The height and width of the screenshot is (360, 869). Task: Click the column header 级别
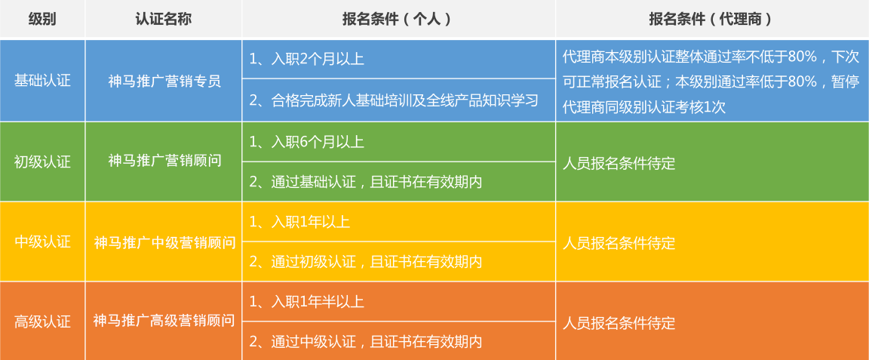pyautogui.click(x=43, y=19)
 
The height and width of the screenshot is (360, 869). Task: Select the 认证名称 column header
pyautogui.click(x=164, y=19)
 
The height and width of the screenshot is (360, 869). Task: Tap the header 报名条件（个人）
pyautogui.click(x=398, y=19)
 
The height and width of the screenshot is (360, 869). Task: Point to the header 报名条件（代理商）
pyautogui.click(x=712, y=19)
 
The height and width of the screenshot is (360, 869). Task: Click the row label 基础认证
pyautogui.click(x=43, y=81)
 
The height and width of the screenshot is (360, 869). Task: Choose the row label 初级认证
pyautogui.click(x=43, y=162)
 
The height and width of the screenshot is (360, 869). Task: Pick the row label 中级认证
pyautogui.click(x=43, y=242)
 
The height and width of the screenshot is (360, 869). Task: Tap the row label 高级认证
pyautogui.click(x=43, y=322)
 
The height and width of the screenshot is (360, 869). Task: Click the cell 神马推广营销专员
pyautogui.click(x=164, y=81)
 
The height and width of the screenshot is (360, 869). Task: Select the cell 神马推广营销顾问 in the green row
pyautogui.click(x=164, y=161)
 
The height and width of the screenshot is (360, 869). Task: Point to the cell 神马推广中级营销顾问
pyautogui.click(x=164, y=242)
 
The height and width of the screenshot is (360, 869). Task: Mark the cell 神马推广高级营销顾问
pyautogui.click(x=164, y=321)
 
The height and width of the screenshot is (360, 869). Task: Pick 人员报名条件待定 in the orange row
pyautogui.click(x=619, y=323)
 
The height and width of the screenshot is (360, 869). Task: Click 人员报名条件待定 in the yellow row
pyautogui.click(x=619, y=242)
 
